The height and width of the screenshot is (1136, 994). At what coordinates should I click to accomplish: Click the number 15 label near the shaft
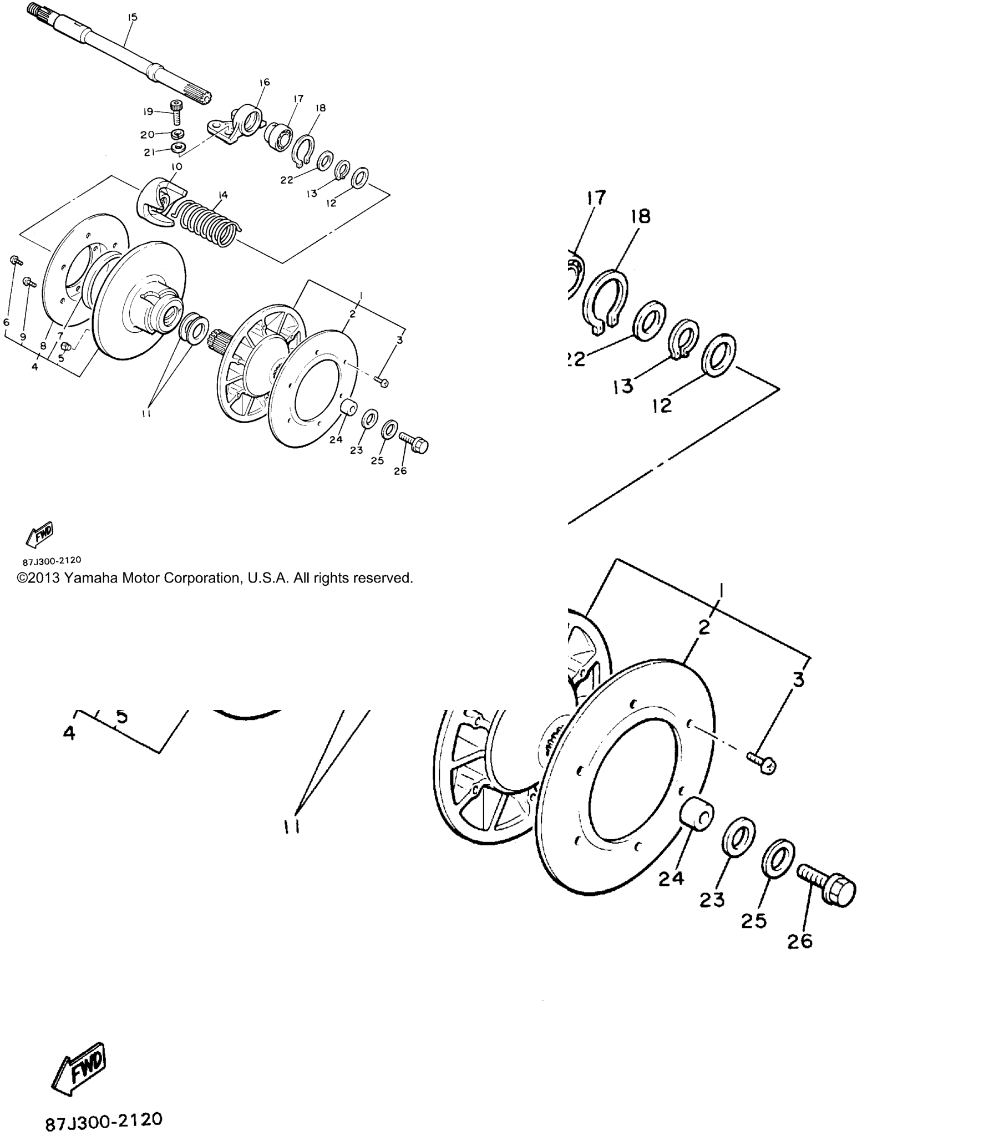(132, 18)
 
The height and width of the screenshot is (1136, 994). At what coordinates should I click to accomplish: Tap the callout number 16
(265, 82)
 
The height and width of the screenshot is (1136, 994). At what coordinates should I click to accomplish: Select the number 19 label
(148, 111)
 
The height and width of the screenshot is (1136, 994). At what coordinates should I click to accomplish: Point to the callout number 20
(147, 135)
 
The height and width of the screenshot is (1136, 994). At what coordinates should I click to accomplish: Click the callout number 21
(149, 153)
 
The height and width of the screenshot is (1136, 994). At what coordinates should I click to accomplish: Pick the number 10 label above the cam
(176, 166)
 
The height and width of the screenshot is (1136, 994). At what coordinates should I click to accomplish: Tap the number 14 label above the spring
(223, 195)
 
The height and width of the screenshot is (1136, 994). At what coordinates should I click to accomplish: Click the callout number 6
(7, 322)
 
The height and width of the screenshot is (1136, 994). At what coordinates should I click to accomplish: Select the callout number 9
(23, 337)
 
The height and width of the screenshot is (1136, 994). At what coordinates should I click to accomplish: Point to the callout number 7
(60, 336)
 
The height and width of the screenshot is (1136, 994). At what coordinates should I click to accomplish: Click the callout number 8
(43, 346)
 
